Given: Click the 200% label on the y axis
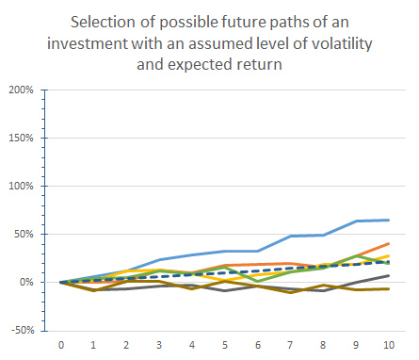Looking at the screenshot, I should [x=20, y=90].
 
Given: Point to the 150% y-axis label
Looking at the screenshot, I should [x=20, y=139].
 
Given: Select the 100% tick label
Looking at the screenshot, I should [x=20, y=187].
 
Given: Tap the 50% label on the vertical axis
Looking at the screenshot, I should [x=23, y=234].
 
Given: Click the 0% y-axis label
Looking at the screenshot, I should [x=25, y=282].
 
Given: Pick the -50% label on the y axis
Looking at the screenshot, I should [x=21, y=330].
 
